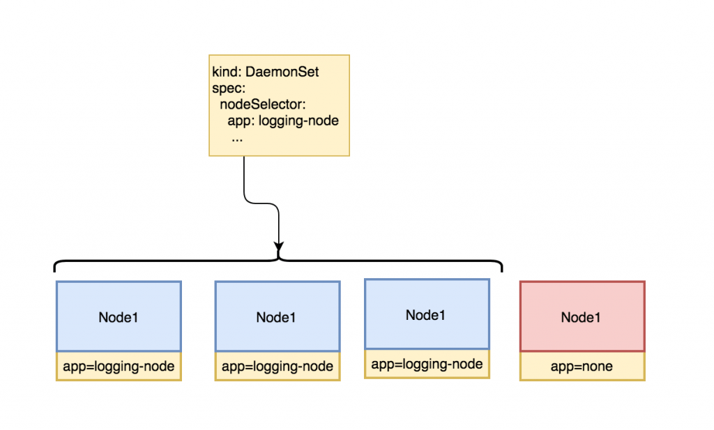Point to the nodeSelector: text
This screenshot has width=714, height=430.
(263, 105)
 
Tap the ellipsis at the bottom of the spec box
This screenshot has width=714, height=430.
(236, 137)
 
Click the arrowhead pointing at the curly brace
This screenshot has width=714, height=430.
(279, 247)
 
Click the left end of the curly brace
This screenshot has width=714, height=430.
(56, 268)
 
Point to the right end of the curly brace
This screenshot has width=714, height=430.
(501, 268)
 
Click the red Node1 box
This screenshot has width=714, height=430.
(582, 316)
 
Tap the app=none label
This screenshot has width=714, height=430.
(582, 366)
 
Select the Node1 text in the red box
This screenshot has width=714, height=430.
(582, 317)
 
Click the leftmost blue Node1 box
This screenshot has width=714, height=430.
(119, 316)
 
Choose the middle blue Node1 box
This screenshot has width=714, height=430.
(277, 316)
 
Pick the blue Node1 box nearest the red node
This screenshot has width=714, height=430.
(427, 314)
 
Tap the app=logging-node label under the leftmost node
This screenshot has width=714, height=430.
(119, 366)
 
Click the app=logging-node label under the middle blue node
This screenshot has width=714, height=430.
(277, 367)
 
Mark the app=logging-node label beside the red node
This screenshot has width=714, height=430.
(427, 364)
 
